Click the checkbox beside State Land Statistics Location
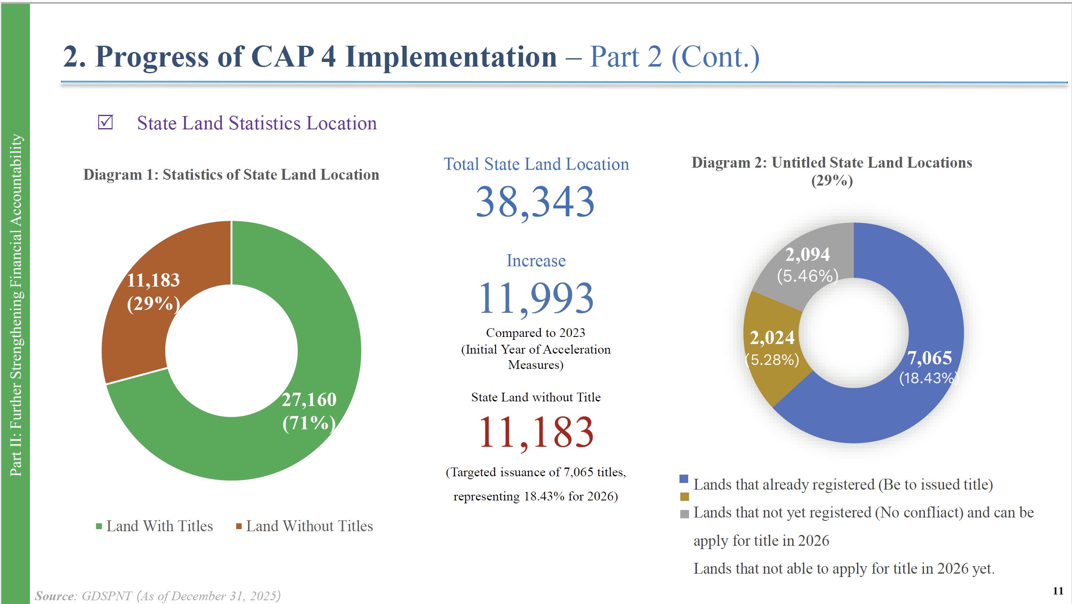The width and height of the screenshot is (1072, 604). [x=105, y=122]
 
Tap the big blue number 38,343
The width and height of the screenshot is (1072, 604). [x=535, y=202]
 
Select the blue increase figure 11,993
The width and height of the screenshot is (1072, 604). [x=536, y=298]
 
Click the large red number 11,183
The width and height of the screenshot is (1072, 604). [x=536, y=433]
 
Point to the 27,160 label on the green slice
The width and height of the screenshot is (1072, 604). [x=309, y=400]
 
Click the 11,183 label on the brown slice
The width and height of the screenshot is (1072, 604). [x=153, y=280]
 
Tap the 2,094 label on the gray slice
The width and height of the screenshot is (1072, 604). [x=808, y=254]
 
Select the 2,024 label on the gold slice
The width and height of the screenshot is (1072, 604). [x=772, y=338]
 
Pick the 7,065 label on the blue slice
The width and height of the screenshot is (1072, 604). [x=929, y=358]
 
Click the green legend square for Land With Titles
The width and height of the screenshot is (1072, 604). [x=99, y=526]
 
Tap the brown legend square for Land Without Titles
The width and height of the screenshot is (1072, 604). [x=239, y=526]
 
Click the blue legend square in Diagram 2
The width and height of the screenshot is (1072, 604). [x=684, y=479]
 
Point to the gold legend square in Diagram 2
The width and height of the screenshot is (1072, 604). [x=684, y=497]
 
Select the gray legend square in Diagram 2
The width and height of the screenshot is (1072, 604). [x=684, y=514]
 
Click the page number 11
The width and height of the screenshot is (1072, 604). [x=1058, y=591]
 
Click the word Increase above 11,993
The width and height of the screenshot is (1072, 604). [x=536, y=260]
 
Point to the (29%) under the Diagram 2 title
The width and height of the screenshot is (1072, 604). [x=832, y=181]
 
